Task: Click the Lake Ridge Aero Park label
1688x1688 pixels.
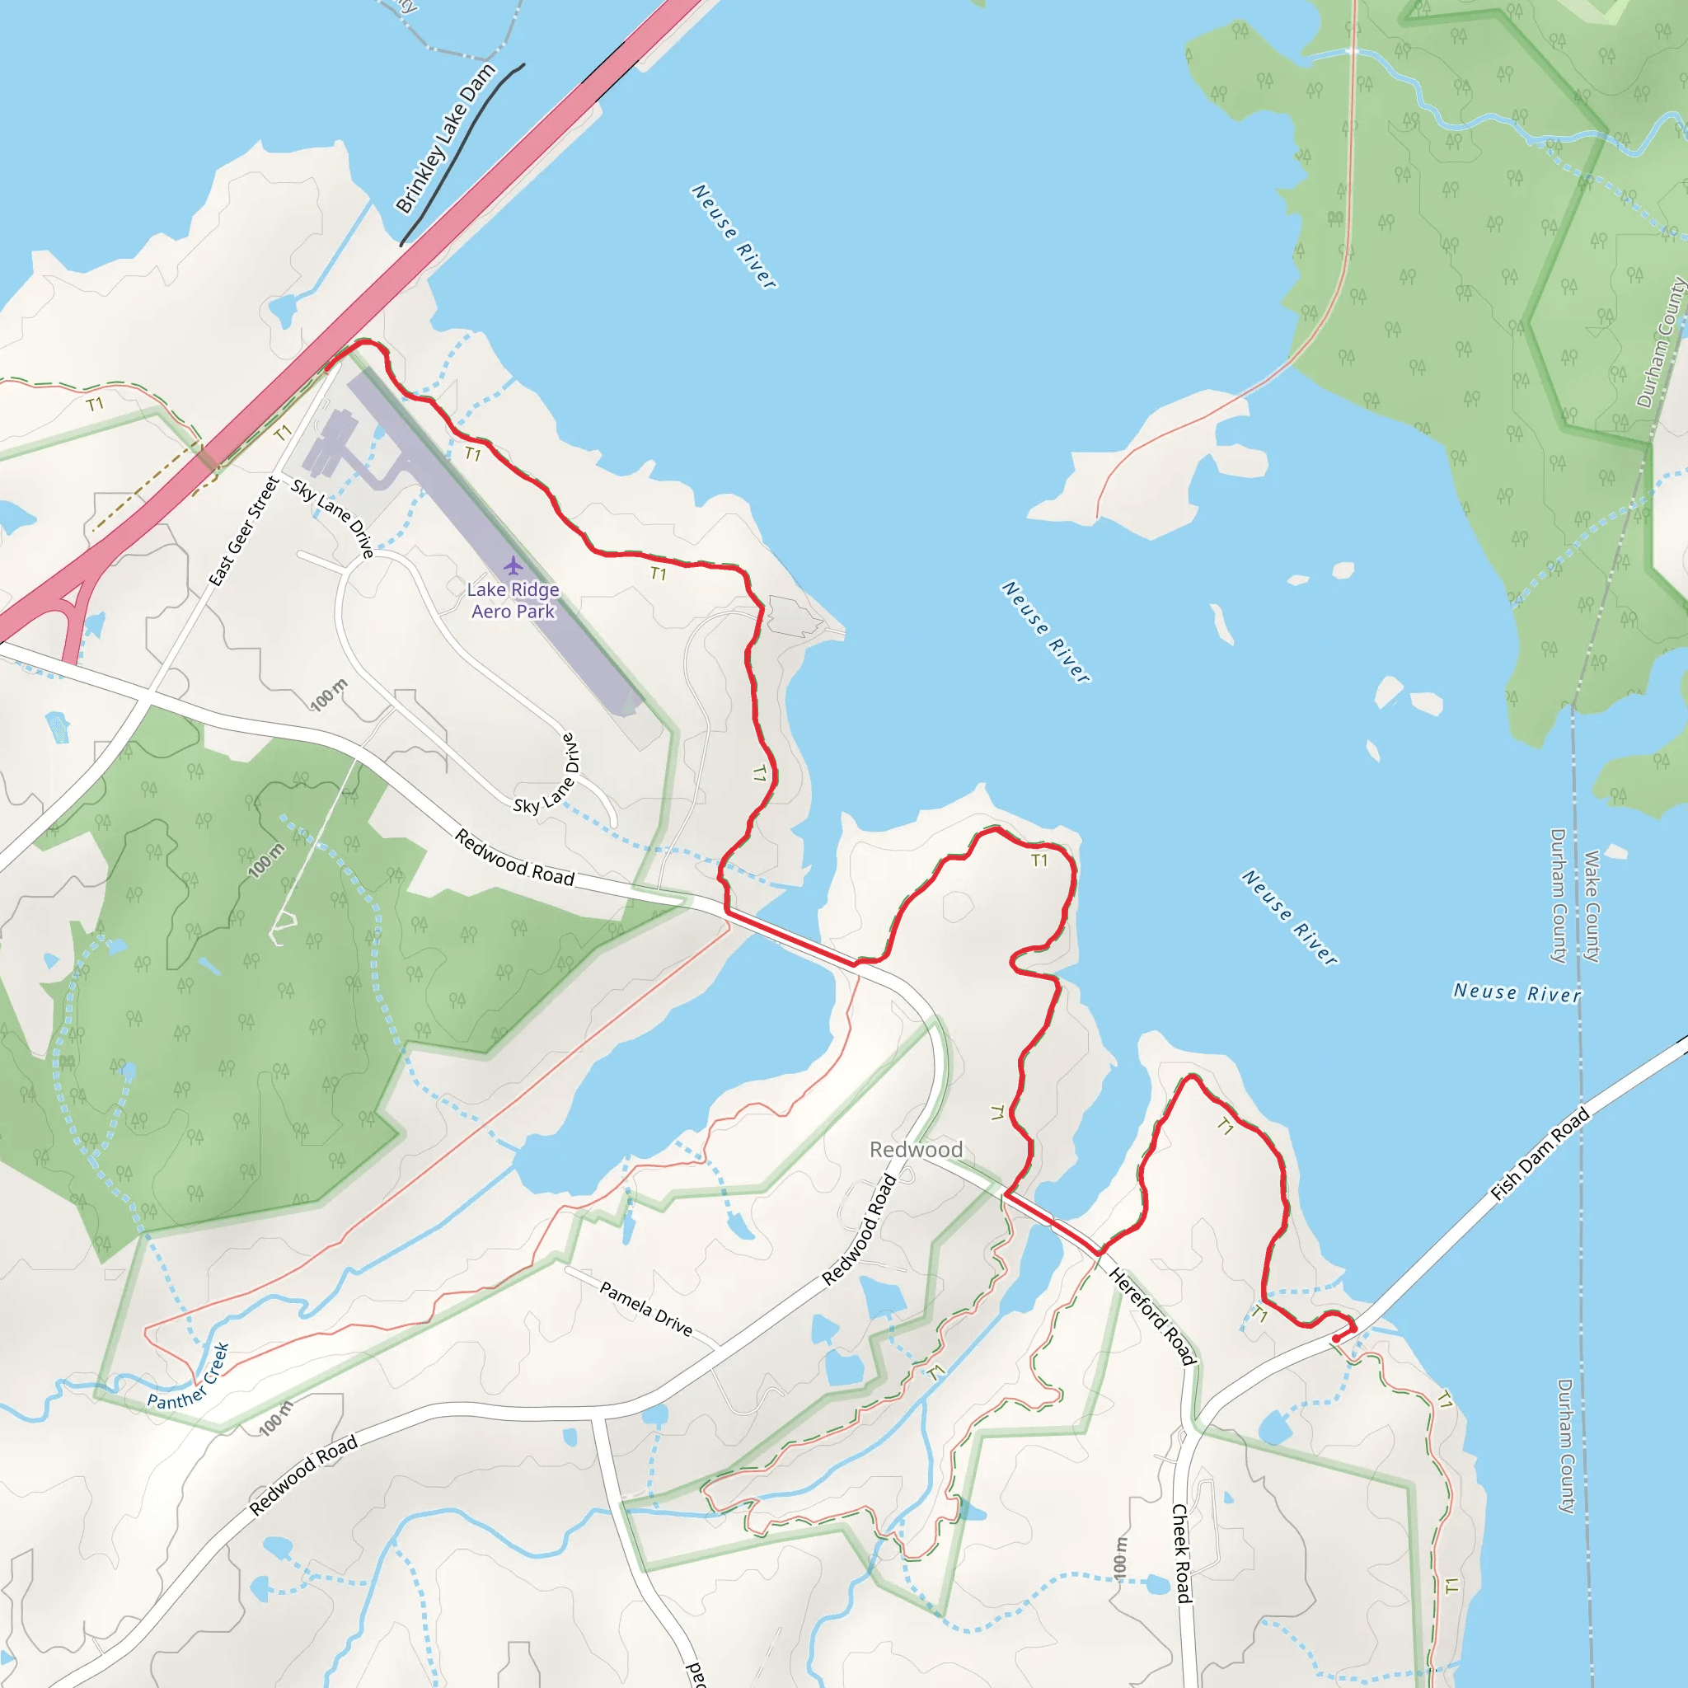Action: pyautogui.click(x=513, y=600)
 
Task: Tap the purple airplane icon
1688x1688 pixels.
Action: pyautogui.click(x=513, y=566)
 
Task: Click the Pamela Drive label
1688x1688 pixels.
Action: pyautogui.click(x=645, y=1309)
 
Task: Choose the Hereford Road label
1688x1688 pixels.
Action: pyautogui.click(x=1151, y=1315)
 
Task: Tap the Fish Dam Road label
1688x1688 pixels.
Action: pyautogui.click(x=1540, y=1154)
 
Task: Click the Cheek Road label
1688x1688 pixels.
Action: pyautogui.click(x=1181, y=1554)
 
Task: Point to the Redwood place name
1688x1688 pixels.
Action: pyautogui.click(x=916, y=1150)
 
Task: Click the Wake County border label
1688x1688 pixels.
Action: pyautogui.click(x=1592, y=906)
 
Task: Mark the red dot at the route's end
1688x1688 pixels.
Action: pyautogui.click(x=1336, y=1339)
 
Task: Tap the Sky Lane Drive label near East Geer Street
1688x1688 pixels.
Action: pyautogui.click(x=333, y=518)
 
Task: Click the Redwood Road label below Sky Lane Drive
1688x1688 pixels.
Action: pyautogui.click(x=514, y=858)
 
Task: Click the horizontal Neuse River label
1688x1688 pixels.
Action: pyautogui.click(x=1517, y=992)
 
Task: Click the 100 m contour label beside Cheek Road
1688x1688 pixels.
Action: pyautogui.click(x=1120, y=1557)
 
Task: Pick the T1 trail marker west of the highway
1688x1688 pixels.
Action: pyautogui.click(x=94, y=404)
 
